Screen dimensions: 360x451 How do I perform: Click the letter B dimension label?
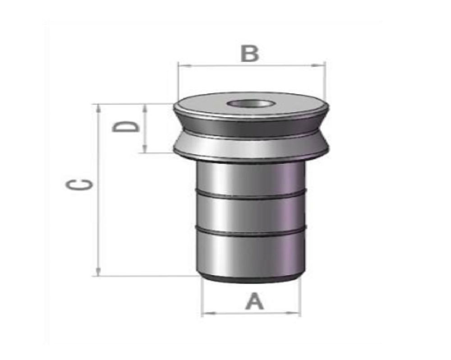click(x=249, y=53)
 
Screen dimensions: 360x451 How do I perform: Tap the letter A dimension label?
click(x=254, y=301)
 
